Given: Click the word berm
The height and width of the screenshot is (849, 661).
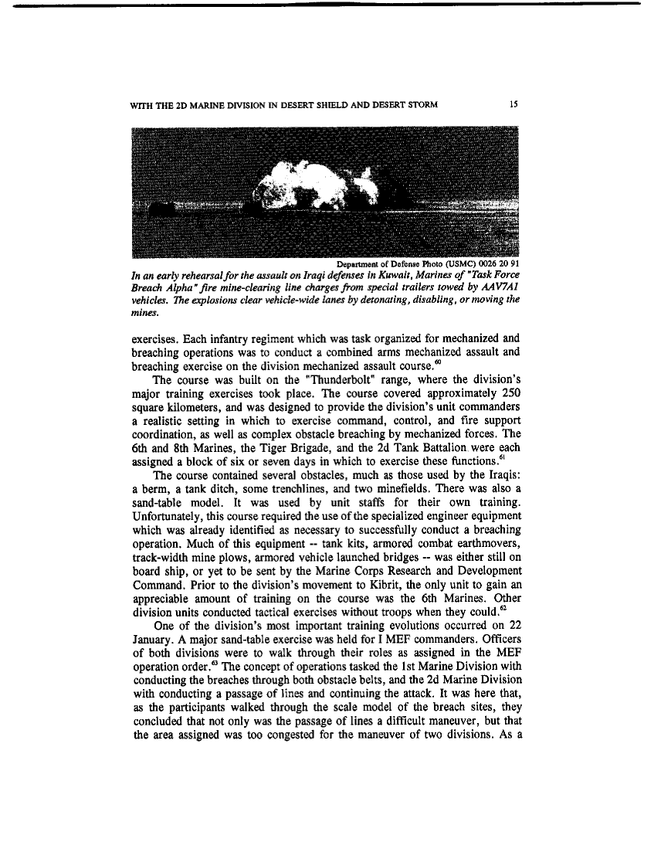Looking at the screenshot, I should click(x=154, y=488).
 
